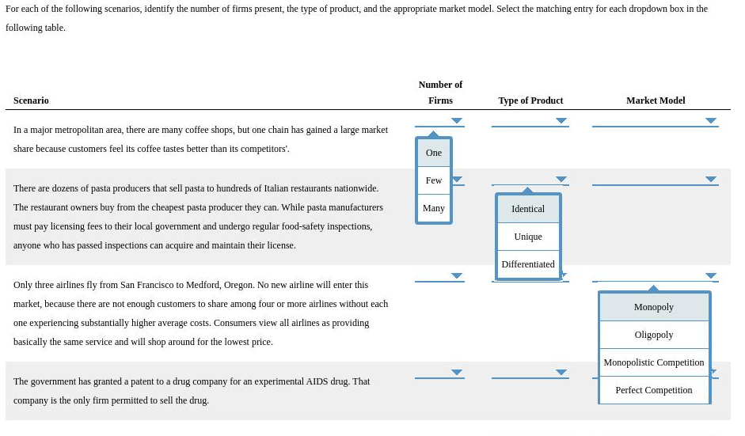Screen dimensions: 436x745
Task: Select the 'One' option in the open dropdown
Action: [434, 153]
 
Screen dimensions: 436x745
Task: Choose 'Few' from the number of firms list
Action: [434, 180]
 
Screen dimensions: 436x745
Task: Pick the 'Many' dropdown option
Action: [434, 208]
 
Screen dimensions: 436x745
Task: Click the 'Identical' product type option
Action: [528, 209]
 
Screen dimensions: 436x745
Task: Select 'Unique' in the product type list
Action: [528, 237]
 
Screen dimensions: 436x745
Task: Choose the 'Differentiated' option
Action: [528, 264]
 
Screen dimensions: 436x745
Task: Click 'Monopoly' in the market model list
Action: [654, 307]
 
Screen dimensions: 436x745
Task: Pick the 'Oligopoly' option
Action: [654, 335]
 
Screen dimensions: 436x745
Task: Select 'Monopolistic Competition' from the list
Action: [654, 362]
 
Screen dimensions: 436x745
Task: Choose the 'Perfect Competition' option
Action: [654, 390]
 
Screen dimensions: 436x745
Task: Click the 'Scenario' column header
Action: [31, 100]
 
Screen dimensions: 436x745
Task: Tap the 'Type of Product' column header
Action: [530, 100]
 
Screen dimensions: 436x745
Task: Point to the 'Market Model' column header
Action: [656, 100]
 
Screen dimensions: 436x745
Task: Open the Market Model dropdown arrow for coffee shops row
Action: [711, 121]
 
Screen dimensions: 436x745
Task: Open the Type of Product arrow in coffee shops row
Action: [561, 121]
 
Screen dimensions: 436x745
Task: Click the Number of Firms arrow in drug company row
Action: [457, 372]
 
